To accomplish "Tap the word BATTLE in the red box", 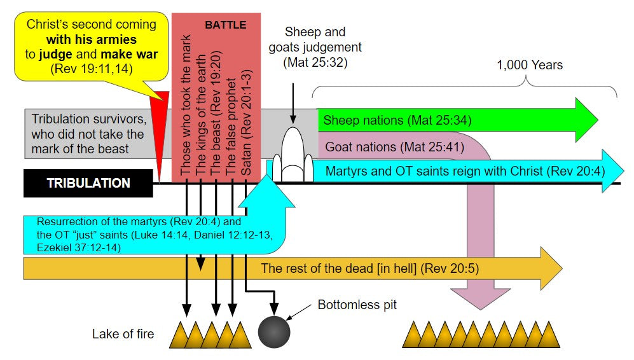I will click(225, 25).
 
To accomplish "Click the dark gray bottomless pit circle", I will click(274, 331).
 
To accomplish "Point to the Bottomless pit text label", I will click(357, 305).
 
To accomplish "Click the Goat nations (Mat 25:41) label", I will click(394, 148).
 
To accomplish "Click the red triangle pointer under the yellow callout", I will click(161, 127).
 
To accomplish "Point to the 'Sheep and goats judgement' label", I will click(323, 47).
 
